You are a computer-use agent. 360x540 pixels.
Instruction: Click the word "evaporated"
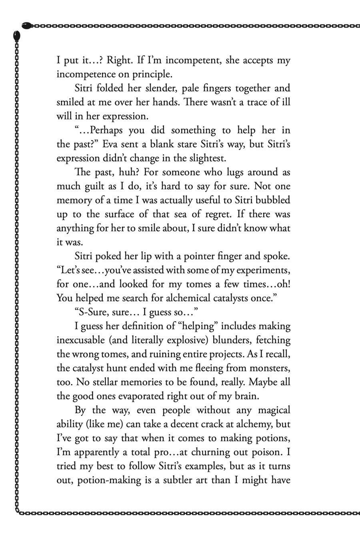pyautogui.click(x=132, y=396)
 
